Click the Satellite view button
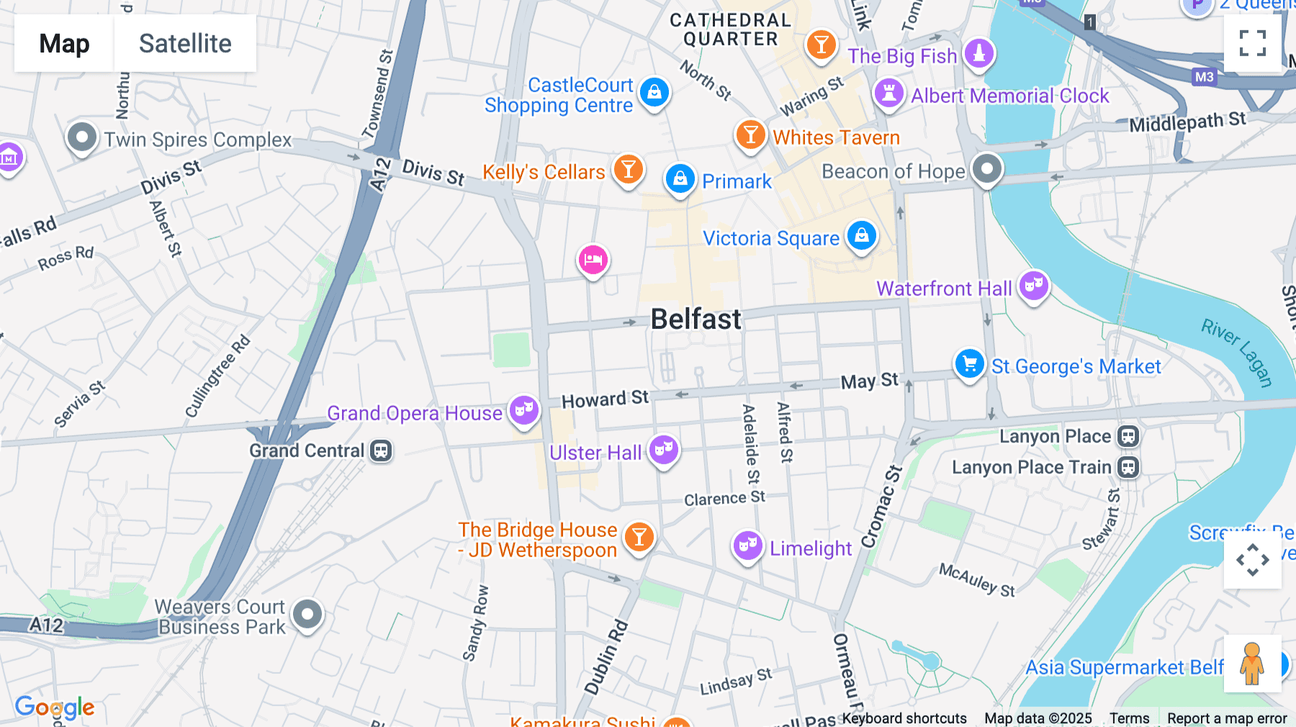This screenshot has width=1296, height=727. point(185,43)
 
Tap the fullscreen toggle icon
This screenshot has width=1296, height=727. point(1252,43)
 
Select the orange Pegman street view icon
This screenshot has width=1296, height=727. point(1252,664)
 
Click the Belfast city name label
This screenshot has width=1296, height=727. point(696,319)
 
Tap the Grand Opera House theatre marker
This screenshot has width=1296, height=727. point(524,410)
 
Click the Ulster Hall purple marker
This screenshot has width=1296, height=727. point(664,450)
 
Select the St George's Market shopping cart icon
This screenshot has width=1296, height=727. point(969,363)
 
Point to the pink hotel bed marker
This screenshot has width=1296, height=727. point(593,260)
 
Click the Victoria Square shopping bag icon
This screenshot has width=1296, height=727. point(862,235)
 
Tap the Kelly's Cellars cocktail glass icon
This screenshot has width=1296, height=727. point(628,170)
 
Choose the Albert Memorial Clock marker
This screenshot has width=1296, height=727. point(889,94)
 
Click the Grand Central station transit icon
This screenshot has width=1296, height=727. point(381,451)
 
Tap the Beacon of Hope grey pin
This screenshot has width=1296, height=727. point(986,169)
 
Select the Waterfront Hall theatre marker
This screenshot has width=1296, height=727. point(1034,286)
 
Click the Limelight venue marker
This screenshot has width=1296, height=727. point(748,546)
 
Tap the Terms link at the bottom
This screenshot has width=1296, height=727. point(1129,718)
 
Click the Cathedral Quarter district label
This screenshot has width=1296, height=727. point(730,30)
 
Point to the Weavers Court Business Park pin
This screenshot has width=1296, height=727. point(308,615)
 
